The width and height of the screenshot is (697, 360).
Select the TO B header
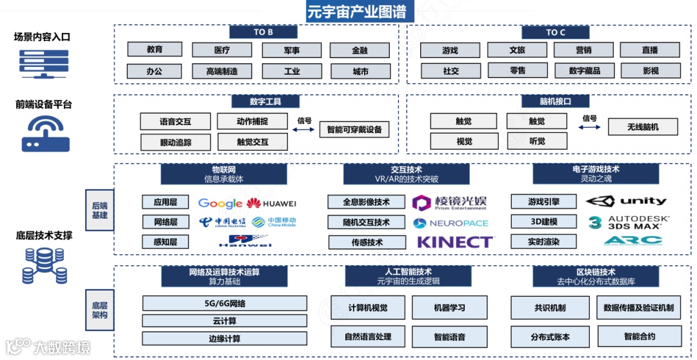pos(263,32)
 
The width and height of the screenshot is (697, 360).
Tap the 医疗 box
pos(223,50)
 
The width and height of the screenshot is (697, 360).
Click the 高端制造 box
pos(222,71)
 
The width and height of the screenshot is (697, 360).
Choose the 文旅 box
pos(517,50)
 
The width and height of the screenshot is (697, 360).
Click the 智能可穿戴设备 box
pos(354,129)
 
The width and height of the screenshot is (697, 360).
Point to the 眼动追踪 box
pos(176,142)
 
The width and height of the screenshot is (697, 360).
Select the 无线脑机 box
pos(643,126)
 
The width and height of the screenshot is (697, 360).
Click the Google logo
pos(220,203)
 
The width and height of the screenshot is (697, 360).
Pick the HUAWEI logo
pos(272,203)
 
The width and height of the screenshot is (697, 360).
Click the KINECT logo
pos(455,242)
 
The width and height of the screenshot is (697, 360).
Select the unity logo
pos(626,201)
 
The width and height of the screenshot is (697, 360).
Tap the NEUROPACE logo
pos(450,223)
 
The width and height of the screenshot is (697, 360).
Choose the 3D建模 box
pos(543,222)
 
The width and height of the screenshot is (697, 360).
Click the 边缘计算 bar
pos(225,339)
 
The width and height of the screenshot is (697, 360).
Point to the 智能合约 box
pos(639,336)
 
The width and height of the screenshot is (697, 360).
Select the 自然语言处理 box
pos(368,336)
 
